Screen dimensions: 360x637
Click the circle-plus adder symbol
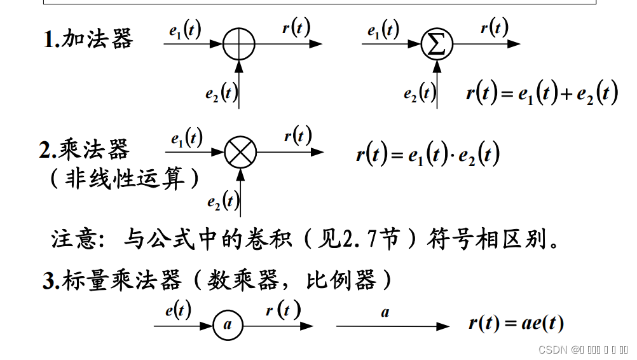point(239,45)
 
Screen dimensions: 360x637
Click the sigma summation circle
point(437,45)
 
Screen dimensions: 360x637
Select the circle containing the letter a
point(228,326)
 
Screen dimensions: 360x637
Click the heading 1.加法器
point(88,39)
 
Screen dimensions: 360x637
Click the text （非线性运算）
point(125,178)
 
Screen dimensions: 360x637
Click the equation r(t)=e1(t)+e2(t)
point(542,94)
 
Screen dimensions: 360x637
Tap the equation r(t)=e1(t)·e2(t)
point(428,155)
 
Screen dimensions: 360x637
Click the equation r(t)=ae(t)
point(516,324)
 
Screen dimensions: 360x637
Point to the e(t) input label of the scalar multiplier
point(178,310)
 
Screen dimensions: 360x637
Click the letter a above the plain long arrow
point(385,312)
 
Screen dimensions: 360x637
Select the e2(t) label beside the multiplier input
point(223,202)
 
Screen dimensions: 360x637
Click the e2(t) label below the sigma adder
point(420,94)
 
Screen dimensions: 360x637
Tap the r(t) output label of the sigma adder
point(494,27)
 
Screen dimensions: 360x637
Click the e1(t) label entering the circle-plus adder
point(185,30)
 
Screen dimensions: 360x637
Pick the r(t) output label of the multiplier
point(298,135)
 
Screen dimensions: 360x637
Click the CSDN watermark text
point(552,350)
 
